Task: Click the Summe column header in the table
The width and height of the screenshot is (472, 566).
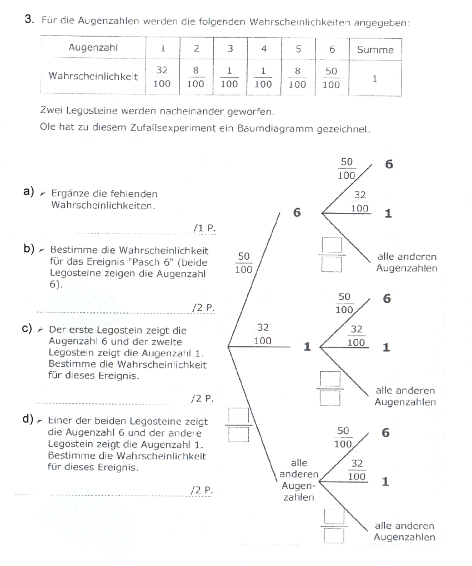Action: pyautogui.click(x=375, y=49)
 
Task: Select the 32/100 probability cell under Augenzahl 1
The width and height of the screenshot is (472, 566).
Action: pyautogui.click(x=162, y=78)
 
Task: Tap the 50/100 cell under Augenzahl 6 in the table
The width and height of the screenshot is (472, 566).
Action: pyautogui.click(x=332, y=78)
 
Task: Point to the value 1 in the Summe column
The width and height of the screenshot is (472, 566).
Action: pyautogui.click(x=375, y=79)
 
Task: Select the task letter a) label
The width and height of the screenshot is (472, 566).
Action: pyautogui.click(x=29, y=191)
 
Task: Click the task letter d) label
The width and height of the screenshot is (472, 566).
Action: pyautogui.click(x=29, y=418)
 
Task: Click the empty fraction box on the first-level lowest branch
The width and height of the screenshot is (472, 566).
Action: pyautogui.click(x=240, y=424)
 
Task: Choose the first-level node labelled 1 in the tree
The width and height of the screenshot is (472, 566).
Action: pyautogui.click(x=306, y=347)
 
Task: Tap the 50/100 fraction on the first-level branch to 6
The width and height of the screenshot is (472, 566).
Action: pyautogui.click(x=244, y=263)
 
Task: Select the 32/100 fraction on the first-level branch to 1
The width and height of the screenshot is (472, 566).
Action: pyautogui.click(x=263, y=335)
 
